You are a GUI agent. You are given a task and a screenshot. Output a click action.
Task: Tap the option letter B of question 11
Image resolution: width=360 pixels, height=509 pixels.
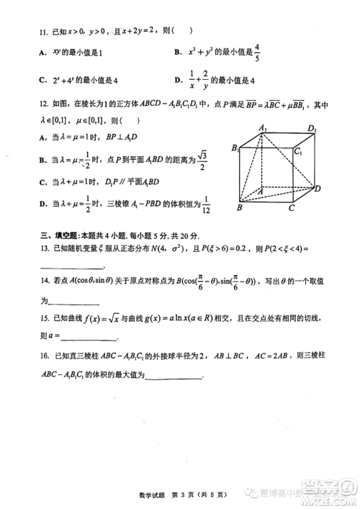click(x=177, y=53)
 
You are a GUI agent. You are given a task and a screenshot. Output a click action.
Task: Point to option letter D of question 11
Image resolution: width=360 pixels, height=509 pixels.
click(x=177, y=79)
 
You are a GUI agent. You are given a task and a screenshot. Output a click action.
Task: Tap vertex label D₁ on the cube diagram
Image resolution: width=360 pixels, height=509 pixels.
click(x=312, y=129)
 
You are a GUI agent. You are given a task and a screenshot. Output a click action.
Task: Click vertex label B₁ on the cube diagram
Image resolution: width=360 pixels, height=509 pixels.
click(x=234, y=148)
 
